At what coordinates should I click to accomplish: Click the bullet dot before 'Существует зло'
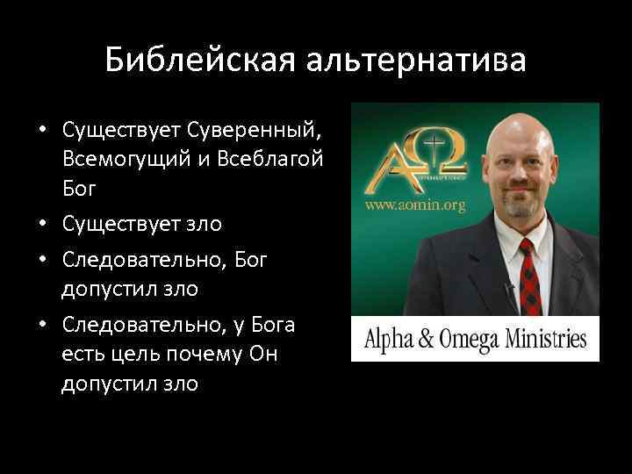41,225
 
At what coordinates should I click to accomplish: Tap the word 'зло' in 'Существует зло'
205,225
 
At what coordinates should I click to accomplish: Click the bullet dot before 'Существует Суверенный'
41,131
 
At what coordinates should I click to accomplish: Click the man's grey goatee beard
523,205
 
